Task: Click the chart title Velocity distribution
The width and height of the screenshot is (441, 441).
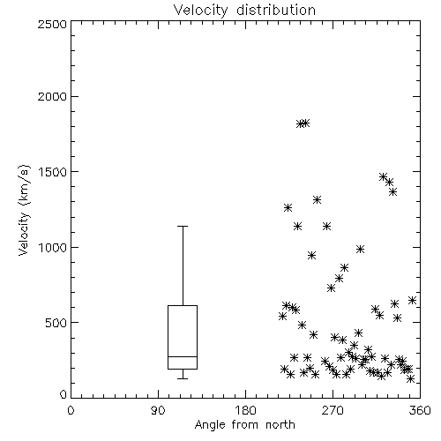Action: [244, 10]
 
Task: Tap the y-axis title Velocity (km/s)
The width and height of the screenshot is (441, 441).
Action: [24, 210]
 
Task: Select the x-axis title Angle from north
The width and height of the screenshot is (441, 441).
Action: [244, 425]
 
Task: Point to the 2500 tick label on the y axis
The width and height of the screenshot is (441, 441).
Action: [52, 24]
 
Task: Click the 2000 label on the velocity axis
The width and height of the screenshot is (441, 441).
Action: [52, 96]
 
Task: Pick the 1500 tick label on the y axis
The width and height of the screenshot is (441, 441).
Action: [53, 172]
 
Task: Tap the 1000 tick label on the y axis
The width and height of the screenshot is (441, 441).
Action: [53, 247]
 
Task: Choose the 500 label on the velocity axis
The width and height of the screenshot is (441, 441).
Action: [56, 323]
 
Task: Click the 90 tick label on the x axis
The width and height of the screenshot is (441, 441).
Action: [158, 410]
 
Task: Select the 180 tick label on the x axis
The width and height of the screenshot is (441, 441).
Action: [245, 410]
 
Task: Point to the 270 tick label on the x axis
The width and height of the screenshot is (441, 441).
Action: [333, 410]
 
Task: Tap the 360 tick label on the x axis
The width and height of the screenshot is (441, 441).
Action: [420, 410]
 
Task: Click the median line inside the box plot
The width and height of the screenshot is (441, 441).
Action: [183, 356]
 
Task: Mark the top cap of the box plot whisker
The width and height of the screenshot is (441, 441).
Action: [183, 226]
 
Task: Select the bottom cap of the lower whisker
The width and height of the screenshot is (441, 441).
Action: [183, 378]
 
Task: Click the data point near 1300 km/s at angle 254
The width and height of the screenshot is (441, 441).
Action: [317, 200]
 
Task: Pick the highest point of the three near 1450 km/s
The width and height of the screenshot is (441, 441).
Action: [383, 177]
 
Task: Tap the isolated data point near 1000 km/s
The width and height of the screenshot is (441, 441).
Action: [360, 250]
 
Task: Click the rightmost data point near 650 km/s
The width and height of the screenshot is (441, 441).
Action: [412, 300]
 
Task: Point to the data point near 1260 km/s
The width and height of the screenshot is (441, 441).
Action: [288, 207]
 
